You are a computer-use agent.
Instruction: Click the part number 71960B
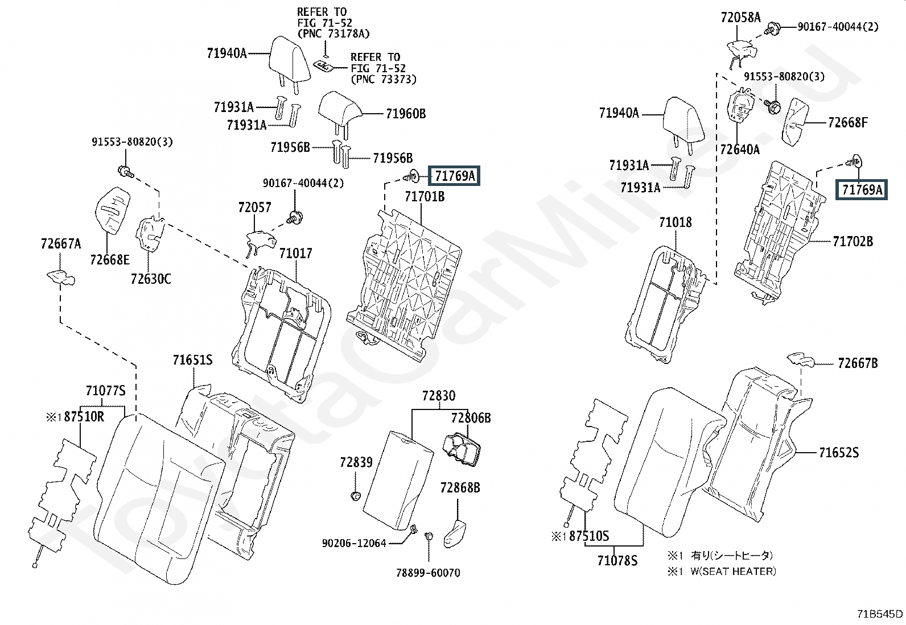point(406,114)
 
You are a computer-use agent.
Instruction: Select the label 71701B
point(425,197)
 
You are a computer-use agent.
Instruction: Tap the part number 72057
point(254,208)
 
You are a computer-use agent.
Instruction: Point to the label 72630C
point(151,279)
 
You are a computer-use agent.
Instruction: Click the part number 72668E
point(110,260)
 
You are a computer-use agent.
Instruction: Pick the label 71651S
point(192,360)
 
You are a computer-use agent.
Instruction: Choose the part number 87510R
point(84,417)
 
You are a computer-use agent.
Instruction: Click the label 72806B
point(471,418)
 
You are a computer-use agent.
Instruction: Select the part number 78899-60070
point(428,573)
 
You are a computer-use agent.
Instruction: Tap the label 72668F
point(848,122)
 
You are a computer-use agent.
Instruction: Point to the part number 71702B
point(853,242)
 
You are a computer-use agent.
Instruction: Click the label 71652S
point(839,452)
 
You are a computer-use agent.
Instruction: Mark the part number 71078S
point(617,561)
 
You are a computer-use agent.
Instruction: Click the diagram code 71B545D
point(880,614)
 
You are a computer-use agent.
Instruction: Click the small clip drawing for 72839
point(356,496)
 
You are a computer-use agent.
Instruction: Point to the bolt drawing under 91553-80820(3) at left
point(125,172)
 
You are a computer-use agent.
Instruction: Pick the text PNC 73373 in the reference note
point(384,79)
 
